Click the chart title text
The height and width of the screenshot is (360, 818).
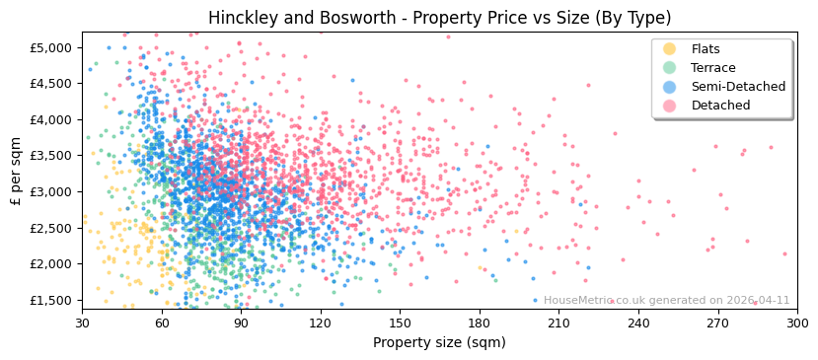point(439,18)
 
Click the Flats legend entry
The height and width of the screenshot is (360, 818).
point(706,49)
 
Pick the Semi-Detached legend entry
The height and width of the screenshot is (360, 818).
point(738,87)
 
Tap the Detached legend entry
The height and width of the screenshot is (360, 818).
point(720,106)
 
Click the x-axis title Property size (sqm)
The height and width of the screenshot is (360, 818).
point(439,342)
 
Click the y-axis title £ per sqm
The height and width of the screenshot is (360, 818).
point(16,172)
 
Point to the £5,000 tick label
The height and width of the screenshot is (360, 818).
point(50,47)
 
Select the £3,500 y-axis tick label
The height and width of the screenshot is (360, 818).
point(50,156)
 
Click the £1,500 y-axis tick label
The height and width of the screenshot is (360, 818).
point(50,300)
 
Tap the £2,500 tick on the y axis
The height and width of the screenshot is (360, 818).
point(50,228)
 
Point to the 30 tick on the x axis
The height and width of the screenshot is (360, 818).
point(82,322)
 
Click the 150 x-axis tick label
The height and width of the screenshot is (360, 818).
point(400,322)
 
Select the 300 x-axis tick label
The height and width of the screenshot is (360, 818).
point(796,322)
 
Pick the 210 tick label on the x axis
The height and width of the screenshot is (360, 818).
point(558,322)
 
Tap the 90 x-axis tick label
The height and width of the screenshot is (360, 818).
point(241,322)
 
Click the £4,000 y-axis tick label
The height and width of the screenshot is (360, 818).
point(50,119)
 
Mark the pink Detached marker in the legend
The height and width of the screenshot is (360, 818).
point(669,106)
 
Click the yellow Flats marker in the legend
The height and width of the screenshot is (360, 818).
point(669,49)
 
